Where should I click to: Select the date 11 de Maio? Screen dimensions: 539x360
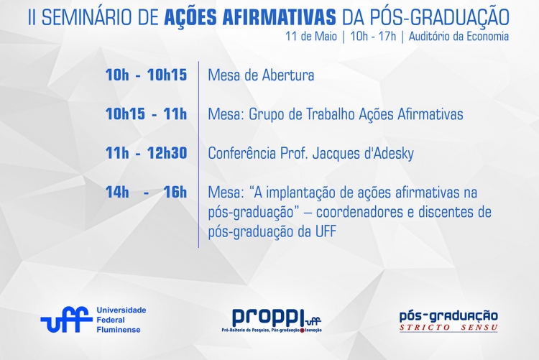[x=311, y=36]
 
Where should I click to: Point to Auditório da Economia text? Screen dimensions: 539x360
[x=459, y=36]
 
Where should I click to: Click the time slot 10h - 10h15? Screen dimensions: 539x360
[x=146, y=75]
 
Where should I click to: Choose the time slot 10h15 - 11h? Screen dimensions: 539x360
[x=146, y=114]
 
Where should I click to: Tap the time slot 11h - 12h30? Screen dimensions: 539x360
[x=146, y=153]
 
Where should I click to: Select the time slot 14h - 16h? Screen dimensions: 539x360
[x=146, y=192]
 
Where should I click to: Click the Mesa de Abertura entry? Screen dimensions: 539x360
[x=261, y=75]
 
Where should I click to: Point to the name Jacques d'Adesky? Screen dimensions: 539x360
[x=363, y=153]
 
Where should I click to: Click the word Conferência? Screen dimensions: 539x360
[x=242, y=153]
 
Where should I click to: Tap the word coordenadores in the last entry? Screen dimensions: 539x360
[x=359, y=212]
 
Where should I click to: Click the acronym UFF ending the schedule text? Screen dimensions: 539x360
[x=325, y=232]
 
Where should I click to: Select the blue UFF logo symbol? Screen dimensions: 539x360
[x=66, y=320]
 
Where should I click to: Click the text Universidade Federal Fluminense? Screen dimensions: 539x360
[x=121, y=320]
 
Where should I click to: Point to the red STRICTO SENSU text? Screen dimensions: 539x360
[x=448, y=328]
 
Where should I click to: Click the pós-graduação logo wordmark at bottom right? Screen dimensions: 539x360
[x=448, y=316]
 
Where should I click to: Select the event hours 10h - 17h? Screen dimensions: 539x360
[x=373, y=36]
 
